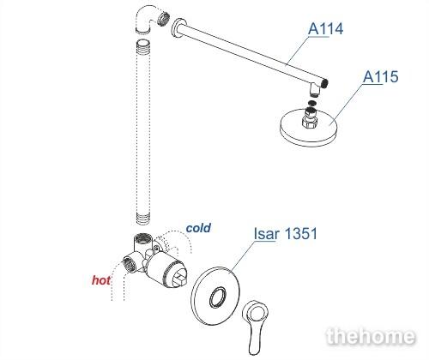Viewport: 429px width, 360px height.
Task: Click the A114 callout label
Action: tap(325, 28)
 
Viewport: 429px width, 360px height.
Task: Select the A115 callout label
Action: tap(381, 76)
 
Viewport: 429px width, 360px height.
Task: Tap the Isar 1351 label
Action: tap(286, 234)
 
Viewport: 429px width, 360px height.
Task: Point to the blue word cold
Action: tap(198, 228)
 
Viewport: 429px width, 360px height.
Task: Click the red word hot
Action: tap(101, 280)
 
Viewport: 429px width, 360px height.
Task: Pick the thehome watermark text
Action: tap(371, 336)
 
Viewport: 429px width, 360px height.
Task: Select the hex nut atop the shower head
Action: tap(311, 121)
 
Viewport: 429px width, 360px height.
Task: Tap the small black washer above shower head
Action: tap(312, 103)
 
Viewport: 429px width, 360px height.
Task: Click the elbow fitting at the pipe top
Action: tap(146, 20)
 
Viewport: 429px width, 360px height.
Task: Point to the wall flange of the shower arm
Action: tap(178, 28)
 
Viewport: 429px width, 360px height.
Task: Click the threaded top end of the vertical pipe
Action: tap(143, 46)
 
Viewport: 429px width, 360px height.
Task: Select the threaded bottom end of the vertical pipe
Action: tap(143, 219)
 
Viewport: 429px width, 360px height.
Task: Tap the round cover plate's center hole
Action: tap(218, 297)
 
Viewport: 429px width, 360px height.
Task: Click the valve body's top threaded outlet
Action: tap(142, 237)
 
